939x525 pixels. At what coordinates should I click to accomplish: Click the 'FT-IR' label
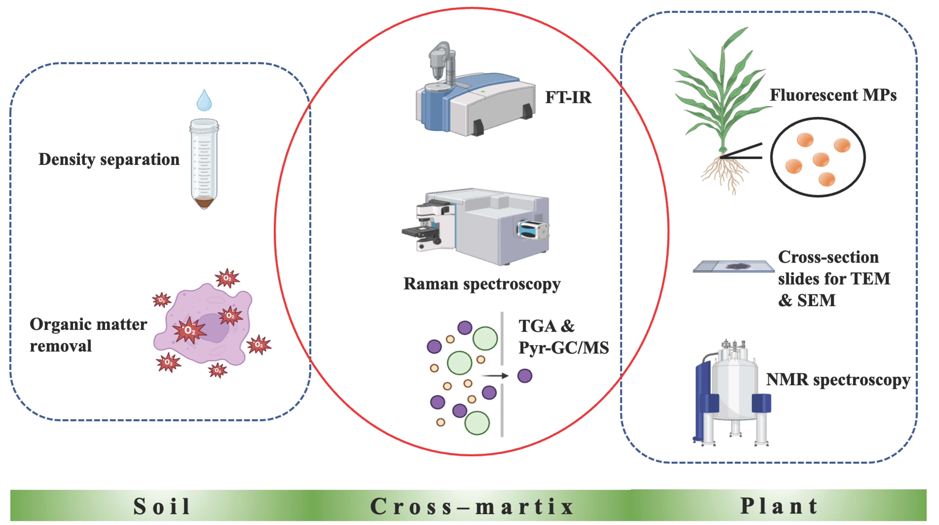coord(568,97)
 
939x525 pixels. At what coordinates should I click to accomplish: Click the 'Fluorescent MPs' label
coord(833,95)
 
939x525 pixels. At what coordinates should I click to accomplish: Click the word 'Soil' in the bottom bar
coord(162,506)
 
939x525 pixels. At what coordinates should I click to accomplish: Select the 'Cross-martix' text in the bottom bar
coord(472,506)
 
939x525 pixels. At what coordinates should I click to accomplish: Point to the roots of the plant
coord(724,175)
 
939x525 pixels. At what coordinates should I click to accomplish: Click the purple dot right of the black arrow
coord(525,375)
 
